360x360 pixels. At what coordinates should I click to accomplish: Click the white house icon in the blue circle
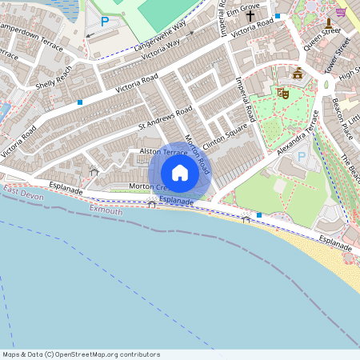(x=180, y=173)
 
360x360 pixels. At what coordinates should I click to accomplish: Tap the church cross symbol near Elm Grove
(x=250, y=15)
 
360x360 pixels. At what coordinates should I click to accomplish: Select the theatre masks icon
(x=282, y=93)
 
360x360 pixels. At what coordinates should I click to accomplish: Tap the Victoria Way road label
(x=165, y=54)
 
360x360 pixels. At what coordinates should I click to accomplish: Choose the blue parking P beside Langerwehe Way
(x=104, y=22)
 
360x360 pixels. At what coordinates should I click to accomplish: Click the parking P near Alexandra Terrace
(x=302, y=157)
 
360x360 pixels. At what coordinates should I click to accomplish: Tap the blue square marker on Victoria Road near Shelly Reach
(x=80, y=102)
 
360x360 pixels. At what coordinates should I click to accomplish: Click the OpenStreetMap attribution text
(x=81, y=354)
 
